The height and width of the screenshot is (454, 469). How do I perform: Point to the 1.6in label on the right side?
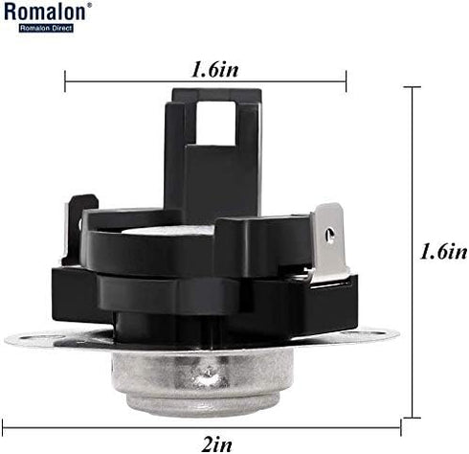pos(442,251)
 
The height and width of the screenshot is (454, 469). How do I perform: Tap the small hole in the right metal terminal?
pos(330,233)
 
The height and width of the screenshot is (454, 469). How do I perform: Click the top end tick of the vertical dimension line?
pos(412,87)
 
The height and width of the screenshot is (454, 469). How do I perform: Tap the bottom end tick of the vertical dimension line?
pos(412,417)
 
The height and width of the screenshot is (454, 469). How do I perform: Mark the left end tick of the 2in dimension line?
pos(5,428)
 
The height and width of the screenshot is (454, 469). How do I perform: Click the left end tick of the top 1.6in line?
pos(65,81)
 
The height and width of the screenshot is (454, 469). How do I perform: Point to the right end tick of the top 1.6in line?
pos(346,81)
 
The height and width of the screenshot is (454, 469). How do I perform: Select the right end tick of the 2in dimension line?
pos(399,428)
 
